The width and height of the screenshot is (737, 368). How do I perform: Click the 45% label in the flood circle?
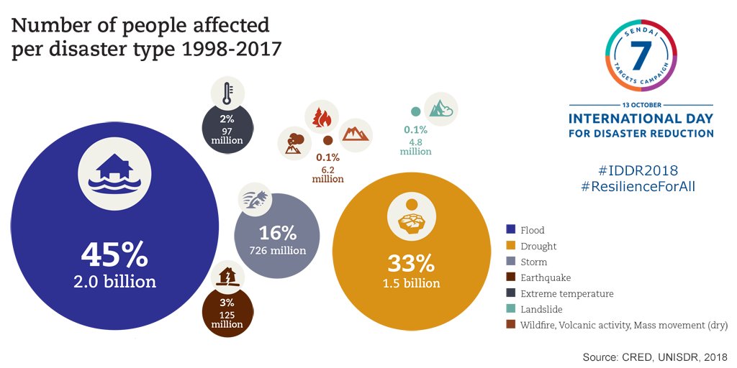[114, 255]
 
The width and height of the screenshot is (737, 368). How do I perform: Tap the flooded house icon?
[114, 173]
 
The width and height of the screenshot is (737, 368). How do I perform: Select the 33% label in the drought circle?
[411, 261]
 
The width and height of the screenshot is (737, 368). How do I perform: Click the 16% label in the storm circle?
[278, 233]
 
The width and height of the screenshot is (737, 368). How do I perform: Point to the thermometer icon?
[227, 93]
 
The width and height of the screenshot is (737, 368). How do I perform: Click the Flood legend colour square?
[510, 230]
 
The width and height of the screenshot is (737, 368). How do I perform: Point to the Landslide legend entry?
[539, 309]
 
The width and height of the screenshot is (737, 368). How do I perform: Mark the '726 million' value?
[278, 251]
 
